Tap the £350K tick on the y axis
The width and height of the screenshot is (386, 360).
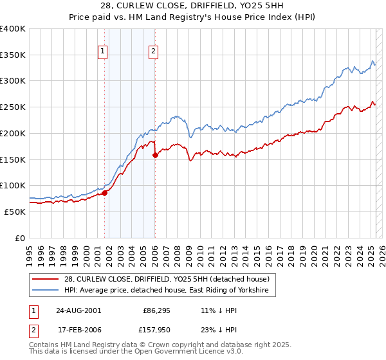coord(13,55)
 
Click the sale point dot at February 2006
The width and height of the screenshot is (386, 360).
coord(155,155)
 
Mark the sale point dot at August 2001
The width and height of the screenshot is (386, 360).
coord(104,193)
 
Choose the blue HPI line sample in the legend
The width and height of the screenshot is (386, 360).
coord(47,291)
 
